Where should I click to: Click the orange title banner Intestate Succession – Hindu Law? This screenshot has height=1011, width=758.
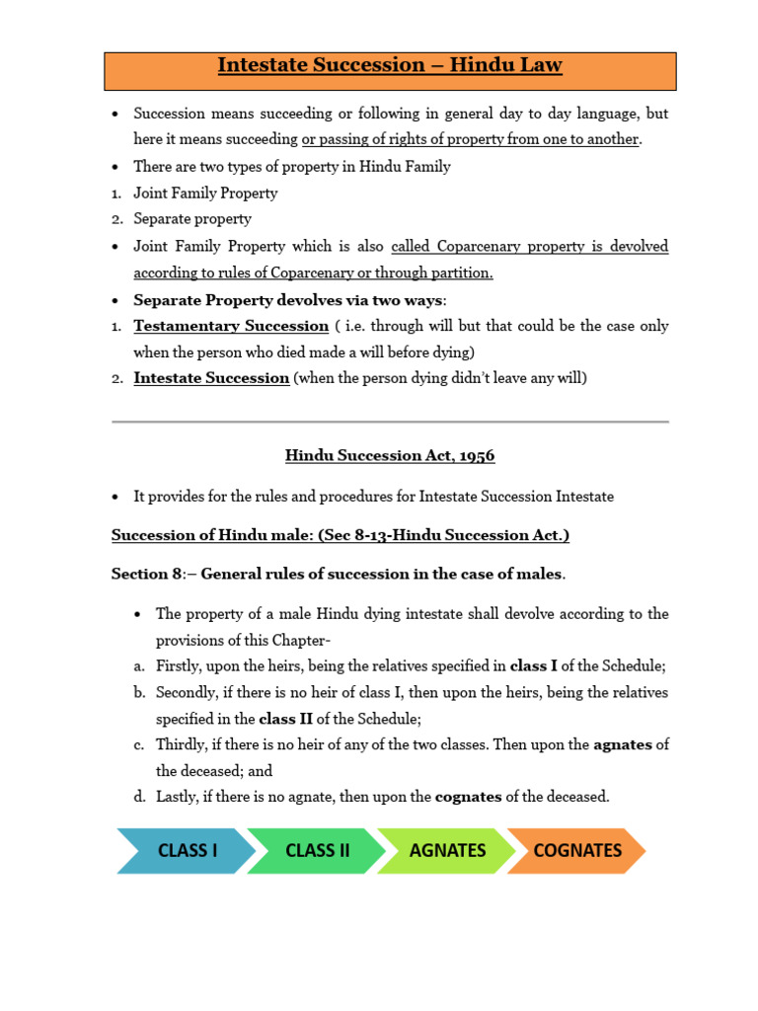[390, 66]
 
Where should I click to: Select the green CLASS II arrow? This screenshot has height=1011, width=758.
[317, 850]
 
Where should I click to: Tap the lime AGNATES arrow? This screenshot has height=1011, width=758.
[447, 850]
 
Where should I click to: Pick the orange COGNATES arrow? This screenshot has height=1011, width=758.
[577, 850]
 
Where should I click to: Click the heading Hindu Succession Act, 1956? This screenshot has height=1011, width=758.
[390, 455]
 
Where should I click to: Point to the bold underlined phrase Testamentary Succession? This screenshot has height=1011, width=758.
[231, 326]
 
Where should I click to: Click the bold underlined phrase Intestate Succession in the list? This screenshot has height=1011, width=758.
[211, 377]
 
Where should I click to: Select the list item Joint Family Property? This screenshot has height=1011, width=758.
[205, 193]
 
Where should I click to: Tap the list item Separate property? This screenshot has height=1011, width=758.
[192, 218]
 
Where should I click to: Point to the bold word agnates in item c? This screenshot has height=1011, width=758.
[623, 744]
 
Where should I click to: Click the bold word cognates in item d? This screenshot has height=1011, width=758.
[468, 796]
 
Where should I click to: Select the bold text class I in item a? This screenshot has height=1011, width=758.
[534, 666]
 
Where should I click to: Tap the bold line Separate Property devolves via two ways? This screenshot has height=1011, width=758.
[289, 299]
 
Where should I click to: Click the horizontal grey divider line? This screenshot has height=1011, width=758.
[390, 422]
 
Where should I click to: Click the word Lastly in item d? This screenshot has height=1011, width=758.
[179, 796]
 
